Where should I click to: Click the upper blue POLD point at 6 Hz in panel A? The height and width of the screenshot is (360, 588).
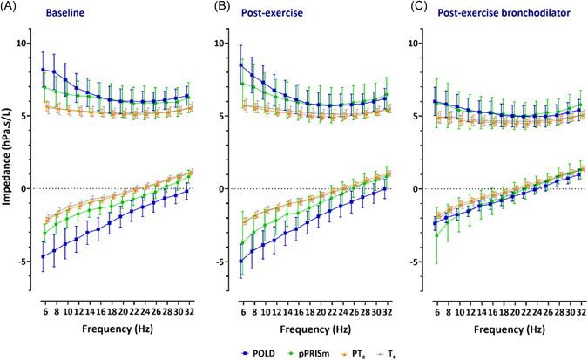click(x=44, y=70)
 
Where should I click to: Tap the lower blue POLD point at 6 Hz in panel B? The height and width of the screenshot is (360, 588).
click(x=241, y=261)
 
